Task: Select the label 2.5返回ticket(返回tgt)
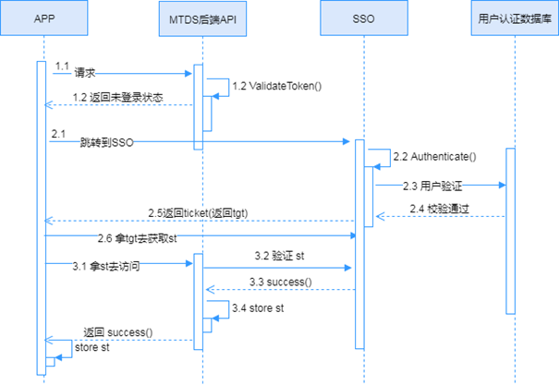pos(198,212)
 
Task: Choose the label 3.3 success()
pos(281,281)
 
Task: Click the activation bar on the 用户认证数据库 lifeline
pos(511,231)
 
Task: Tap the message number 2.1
pos(58,135)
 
